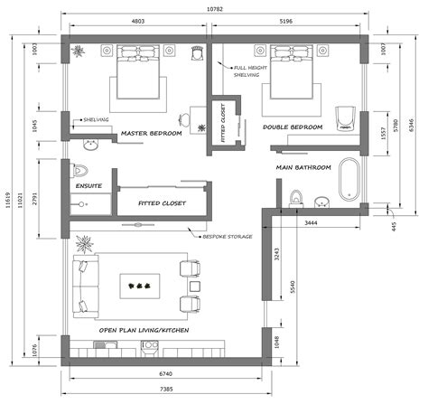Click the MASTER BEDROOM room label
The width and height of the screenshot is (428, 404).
[x=151, y=134]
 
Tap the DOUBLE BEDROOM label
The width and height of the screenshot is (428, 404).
[x=293, y=127]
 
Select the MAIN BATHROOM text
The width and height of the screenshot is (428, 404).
[x=303, y=167]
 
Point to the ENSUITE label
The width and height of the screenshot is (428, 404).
[x=88, y=186]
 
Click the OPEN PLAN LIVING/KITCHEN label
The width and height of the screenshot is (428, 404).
[x=144, y=332]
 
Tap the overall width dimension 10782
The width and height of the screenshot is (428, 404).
[x=215, y=9]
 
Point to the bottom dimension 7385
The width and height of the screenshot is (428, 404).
[x=167, y=389]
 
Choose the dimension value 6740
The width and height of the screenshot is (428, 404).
[x=167, y=372]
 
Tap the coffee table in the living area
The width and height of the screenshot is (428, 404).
[x=139, y=284]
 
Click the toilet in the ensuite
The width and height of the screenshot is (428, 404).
[x=79, y=170]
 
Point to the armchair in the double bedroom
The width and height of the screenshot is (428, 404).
[x=344, y=118]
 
